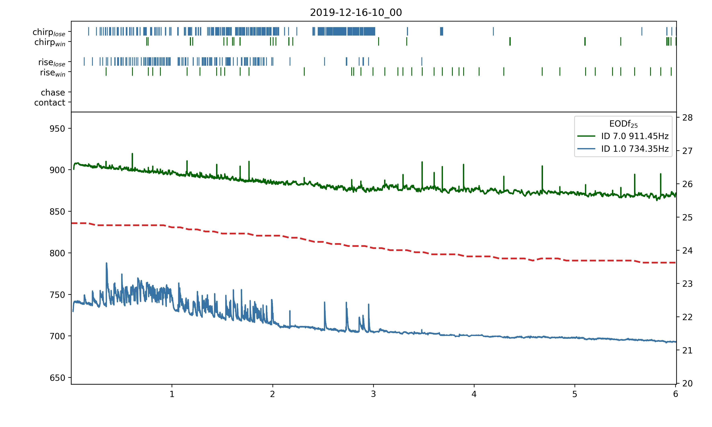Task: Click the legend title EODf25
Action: (x=623, y=124)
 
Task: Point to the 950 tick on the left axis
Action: (x=57, y=129)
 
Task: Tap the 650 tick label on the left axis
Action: (x=57, y=378)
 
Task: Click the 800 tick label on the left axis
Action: (x=57, y=253)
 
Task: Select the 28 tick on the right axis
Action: (x=687, y=118)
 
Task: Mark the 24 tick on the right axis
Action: (x=687, y=251)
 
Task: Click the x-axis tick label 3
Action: (x=373, y=394)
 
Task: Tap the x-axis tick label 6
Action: (x=675, y=394)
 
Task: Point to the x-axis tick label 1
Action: (x=172, y=394)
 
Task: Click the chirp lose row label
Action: (x=49, y=32)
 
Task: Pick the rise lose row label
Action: (x=52, y=62)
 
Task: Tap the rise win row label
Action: (x=53, y=73)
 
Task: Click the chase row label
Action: (x=53, y=92)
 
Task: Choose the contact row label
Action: (x=50, y=102)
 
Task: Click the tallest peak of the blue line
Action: (x=107, y=263)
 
